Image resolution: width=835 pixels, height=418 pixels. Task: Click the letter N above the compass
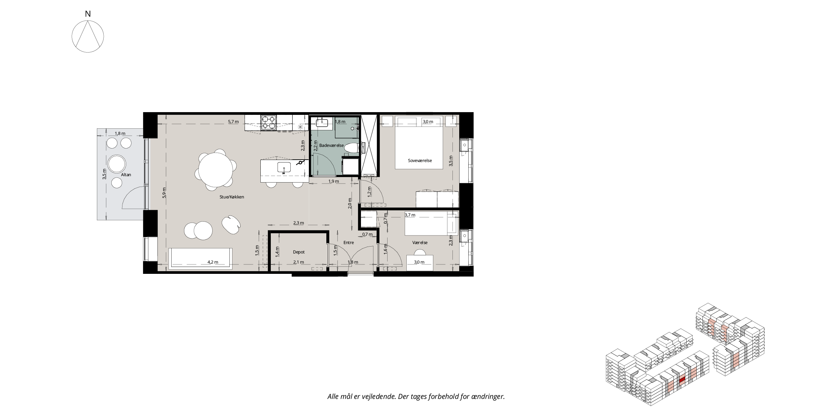coord(88,14)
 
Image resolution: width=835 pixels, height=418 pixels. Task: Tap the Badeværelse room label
coord(331,146)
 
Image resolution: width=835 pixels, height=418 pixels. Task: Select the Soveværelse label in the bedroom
coord(420,161)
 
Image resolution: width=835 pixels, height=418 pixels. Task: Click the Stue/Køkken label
coord(232,197)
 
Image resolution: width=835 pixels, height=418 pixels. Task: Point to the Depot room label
coord(299,252)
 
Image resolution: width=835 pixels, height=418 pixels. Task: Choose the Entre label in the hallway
coord(349,243)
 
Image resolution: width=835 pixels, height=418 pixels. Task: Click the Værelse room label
coord(420,243)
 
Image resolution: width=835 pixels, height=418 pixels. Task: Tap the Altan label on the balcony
coord(126,175)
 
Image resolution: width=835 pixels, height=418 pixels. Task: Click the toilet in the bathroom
coord(351,148)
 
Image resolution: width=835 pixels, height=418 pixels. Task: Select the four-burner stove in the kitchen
coord(268,123)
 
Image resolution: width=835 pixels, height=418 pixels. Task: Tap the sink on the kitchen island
coord(284,167)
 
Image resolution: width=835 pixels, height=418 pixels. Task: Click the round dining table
coord(215,170)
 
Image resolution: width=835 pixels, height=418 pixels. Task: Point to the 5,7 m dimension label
coord(233,122)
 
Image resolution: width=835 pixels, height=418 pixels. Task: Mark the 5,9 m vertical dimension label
coord(164,194)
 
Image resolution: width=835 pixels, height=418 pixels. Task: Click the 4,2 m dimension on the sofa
coord(213,262)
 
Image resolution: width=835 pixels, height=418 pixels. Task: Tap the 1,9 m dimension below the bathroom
coord(333,181)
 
